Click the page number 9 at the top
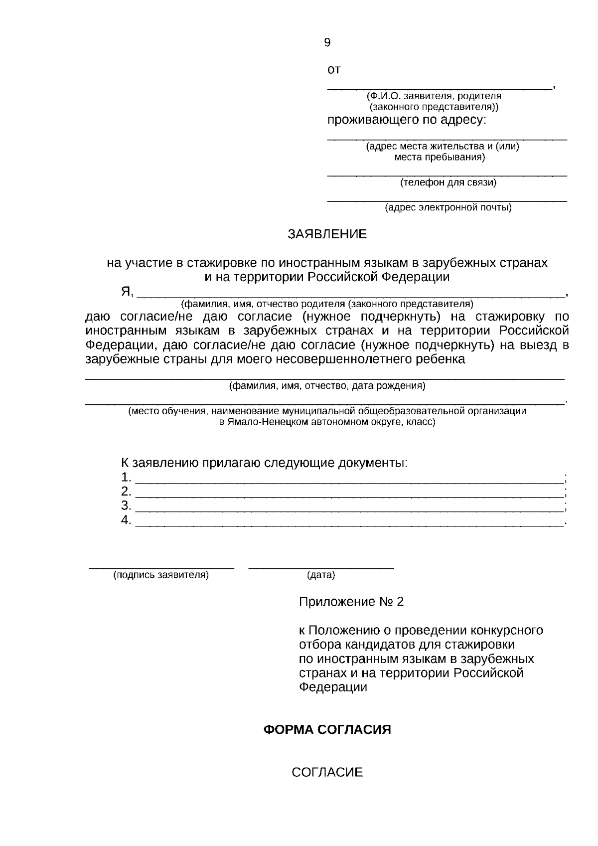point(327,43)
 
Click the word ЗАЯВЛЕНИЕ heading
point(327,234)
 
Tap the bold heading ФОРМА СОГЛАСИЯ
point(327,730)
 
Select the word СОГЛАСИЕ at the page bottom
point(327,773)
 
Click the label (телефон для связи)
point(448,182)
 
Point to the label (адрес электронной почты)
point(448,208)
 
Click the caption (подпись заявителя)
point(161,575)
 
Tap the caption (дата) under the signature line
point(321,575)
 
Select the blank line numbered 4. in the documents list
point(349,522)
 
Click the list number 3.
point(126,506)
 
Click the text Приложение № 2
point(351,602)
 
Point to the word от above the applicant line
point(333,70)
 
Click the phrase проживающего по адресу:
point(406,120)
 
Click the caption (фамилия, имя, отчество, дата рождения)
point(327,386)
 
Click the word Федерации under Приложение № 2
point(333,687)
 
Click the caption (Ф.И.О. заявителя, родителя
point(433,96)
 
